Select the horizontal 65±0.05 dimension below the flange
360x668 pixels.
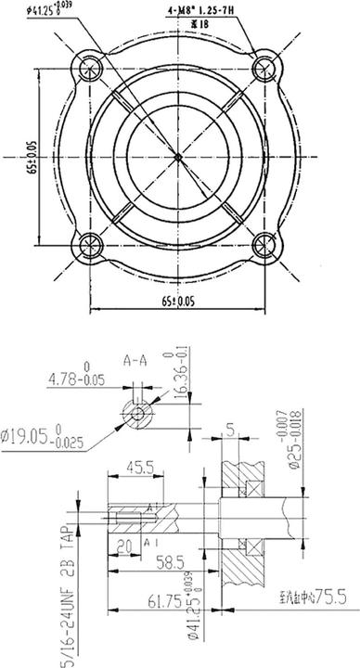pos(178,302)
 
